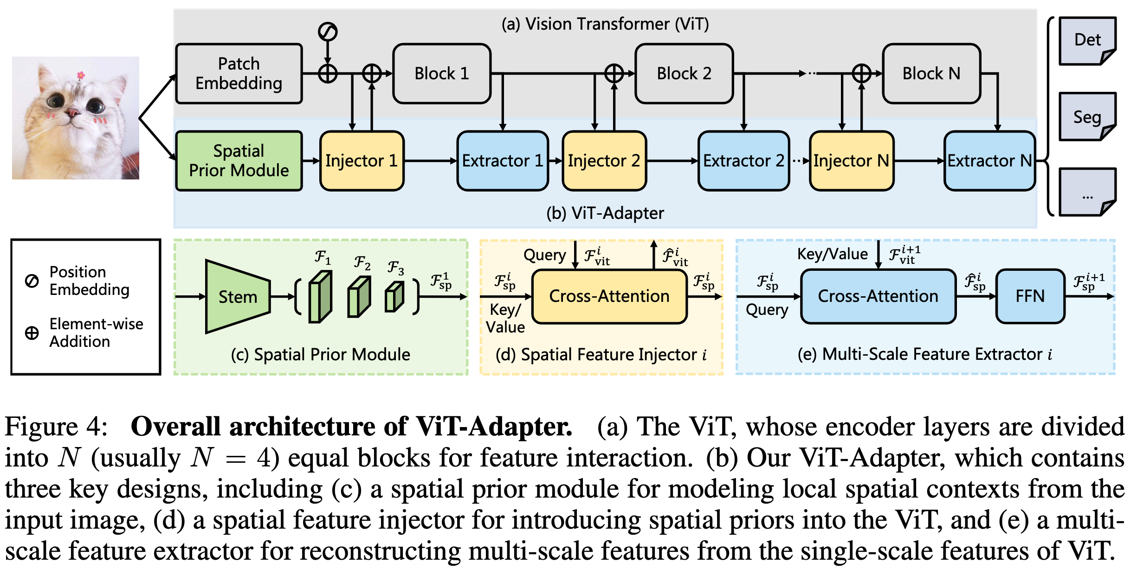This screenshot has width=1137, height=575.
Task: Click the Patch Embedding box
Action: tap(239, 73)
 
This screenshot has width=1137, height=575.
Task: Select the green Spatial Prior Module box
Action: tap(239, 160)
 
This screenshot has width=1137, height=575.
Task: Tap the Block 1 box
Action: tap(441, 73)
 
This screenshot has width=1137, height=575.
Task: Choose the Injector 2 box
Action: tap(604, 160)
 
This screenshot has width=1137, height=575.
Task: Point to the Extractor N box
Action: tap(989, 160)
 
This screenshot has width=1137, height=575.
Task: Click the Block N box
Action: tap(931, 73)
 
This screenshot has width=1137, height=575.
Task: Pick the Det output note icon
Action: tap(1087, 40)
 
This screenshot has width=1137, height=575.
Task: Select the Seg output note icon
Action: tap(1087, 116)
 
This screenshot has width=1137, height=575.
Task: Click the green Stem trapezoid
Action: tap(237, 296)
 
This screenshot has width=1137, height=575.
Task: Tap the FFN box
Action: tap(1030, 296)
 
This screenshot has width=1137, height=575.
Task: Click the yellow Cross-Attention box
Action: tap(609, 296)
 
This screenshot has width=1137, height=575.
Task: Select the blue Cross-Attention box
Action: tap(878, 296)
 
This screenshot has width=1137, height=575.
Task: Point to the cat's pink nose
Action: tap(72, 112)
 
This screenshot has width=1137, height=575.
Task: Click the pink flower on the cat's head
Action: tap(81, 75)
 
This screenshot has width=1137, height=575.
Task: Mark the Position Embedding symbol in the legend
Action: tap(32, 281)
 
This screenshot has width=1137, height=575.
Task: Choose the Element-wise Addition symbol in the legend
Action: tap(32, 332)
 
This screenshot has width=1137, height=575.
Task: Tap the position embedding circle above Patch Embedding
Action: tap(328, 32)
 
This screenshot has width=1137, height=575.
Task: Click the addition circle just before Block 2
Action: tap(614, 73)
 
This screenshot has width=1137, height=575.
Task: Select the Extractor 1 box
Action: tap(503, 160)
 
